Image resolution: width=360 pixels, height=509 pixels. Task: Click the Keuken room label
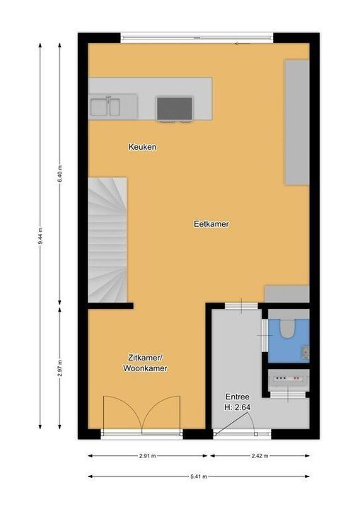coord(142,147)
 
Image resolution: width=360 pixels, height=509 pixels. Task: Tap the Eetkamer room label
coord(211,224)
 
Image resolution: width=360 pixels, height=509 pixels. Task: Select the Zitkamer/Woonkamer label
coord(145,363)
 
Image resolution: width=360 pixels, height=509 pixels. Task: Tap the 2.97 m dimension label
coord(60,368)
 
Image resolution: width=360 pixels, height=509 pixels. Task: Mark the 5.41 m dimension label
coord(199,476)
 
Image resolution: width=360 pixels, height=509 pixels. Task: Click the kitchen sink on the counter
coord(105,107)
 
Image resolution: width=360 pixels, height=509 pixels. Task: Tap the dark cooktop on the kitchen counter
coord(174,108)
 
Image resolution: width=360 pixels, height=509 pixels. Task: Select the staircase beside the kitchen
coord(108,239)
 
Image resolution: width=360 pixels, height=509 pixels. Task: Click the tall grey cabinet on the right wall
coord(296,122)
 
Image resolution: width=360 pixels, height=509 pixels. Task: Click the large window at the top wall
coord(196,37)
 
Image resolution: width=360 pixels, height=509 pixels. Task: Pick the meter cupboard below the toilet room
coord(289,382)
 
